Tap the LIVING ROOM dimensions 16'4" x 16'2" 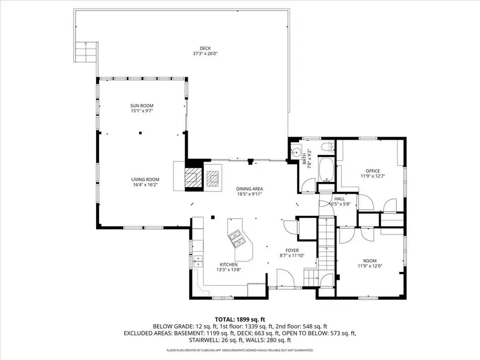[x=145, y=185]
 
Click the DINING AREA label [x=250, y=189]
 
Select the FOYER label [x=292, y=250]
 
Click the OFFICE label [x=373, y=171]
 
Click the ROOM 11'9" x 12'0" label [x=373, y=262]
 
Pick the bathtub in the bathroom [x=325, y=170]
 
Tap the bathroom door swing [x=307, y=185]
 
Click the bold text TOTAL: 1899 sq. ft [x=239, y=318]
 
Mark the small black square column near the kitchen [x=212, y=217]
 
